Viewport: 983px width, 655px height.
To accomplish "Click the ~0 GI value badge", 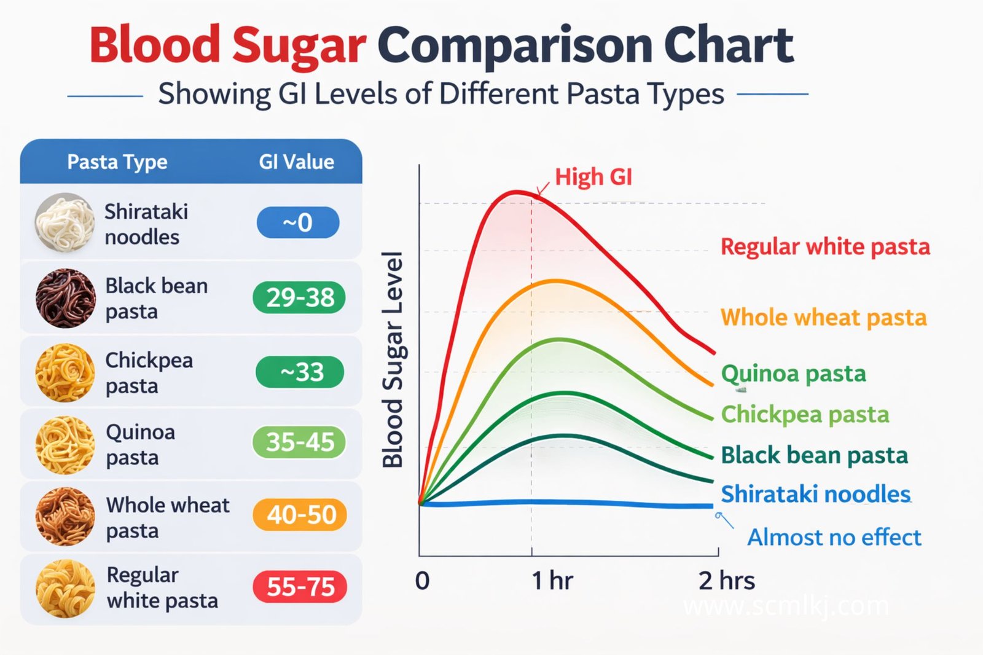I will (x=298, y=222).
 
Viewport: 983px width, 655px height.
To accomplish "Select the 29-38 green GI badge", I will (x=299, y=297).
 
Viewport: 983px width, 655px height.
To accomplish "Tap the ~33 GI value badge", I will (x=300, y=372).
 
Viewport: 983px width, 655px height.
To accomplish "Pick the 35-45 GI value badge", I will (x=299, y=442).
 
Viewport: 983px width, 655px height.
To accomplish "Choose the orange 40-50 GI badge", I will (x=300, y=514).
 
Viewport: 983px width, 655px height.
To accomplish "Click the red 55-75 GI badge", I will (x=300, y=586).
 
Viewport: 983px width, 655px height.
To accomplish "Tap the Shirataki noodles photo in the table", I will (x=64, y=222).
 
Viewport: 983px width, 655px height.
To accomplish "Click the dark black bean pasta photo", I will (x=65, y=298).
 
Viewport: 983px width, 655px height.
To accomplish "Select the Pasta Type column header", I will (x=117, y=162).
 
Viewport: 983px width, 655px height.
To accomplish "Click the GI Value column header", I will (x=296, y=162).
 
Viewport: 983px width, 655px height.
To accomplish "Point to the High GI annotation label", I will (x=593, y=177).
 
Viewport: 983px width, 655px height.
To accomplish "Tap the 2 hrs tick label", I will (x=726, y=581).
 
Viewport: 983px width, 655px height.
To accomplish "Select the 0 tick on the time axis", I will (x=422, y=581).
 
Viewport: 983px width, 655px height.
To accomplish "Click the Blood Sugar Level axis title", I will (x=393, y=359).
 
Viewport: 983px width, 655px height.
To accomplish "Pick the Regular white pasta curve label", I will (x=824, y=247).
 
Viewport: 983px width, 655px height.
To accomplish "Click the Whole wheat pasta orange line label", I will (x=823, y=318).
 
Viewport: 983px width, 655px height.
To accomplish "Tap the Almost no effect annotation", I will (x=834, y=538).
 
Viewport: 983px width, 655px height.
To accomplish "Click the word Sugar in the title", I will (x=299, y=45).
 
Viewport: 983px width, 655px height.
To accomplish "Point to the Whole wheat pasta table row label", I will (x=167, y=517).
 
